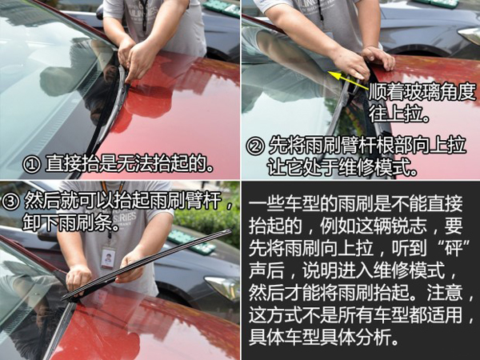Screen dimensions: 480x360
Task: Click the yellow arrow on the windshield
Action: (347, 80)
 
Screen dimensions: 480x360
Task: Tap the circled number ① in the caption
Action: (31, 165)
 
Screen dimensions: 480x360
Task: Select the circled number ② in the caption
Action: (255, 146)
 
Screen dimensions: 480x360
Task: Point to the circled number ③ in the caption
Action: (10, 201)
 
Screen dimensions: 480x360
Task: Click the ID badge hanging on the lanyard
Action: (108, 258)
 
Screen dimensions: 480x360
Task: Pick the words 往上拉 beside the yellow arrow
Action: (395, 114)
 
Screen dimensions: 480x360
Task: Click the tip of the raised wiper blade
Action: (230, 230)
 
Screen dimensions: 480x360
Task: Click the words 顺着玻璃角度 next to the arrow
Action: (422, 92)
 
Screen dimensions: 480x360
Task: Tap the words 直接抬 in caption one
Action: (72, 165)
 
